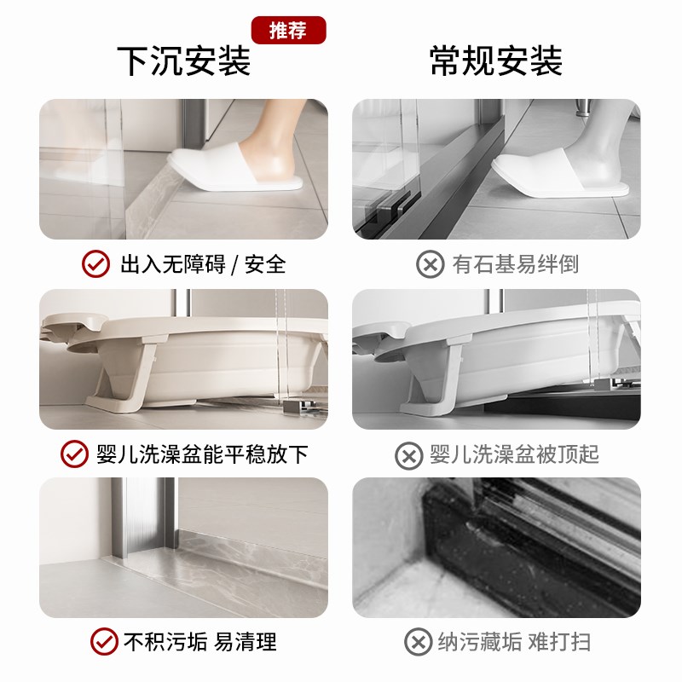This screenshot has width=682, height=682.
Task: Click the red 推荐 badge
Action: [x=289, y=30]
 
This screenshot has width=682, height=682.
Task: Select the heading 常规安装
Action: [x=496, y=62]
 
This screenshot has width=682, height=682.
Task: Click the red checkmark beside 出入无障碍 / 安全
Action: [x=95, y=264]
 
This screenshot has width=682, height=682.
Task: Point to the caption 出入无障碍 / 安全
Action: [x=203, y=264]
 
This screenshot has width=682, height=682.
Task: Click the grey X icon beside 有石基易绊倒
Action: [x=431, y=264]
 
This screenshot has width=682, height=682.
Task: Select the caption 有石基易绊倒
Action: [x=516, y=264]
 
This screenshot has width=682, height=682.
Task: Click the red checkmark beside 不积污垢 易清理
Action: [x=105, y=641]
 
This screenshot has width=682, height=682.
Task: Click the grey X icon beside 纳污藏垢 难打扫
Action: [x=418, y=641]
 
